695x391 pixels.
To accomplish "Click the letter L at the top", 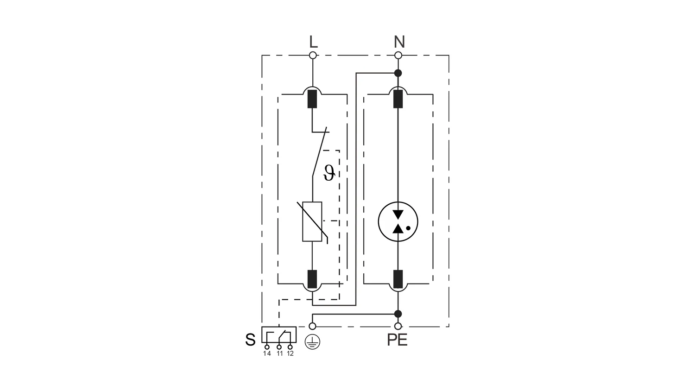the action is pos(313,42).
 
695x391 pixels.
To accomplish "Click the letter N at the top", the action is pos(399,42).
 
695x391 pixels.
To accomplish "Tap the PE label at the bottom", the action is pos(397,340).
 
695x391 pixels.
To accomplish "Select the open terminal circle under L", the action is pos(313,55).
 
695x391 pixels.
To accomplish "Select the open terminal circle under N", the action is pos(398,55).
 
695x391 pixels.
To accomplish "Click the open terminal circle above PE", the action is pos(398,326).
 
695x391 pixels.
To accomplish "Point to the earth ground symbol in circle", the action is pos(312,342).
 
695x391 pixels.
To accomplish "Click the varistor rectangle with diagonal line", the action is pos(312,221).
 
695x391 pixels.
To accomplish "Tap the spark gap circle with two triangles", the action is pos(398,221).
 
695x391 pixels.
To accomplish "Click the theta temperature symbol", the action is pos(329,173).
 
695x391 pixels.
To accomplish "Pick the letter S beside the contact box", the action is pos(250,340).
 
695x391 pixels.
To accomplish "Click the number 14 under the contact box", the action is pos(267,353).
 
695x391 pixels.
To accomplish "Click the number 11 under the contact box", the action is pos(279,353).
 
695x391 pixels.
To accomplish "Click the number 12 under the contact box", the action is pos(290,353).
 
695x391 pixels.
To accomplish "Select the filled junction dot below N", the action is pos(398,73).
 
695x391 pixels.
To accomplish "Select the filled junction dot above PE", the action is pos(398,314).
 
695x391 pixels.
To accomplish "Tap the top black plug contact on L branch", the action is pos(312,99).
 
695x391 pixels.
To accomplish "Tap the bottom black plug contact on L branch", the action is pos(312,279).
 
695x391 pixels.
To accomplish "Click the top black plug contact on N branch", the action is pos(398,99).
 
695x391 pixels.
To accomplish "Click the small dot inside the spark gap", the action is pos(408,228).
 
